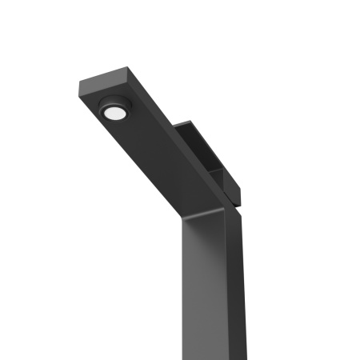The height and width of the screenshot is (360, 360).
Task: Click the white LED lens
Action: click(114, 114)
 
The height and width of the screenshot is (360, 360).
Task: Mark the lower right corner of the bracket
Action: click(239, 200)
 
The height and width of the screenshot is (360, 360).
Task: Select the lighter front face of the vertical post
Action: click(204, 288)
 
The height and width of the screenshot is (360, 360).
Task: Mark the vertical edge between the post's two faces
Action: click(227, 288)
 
